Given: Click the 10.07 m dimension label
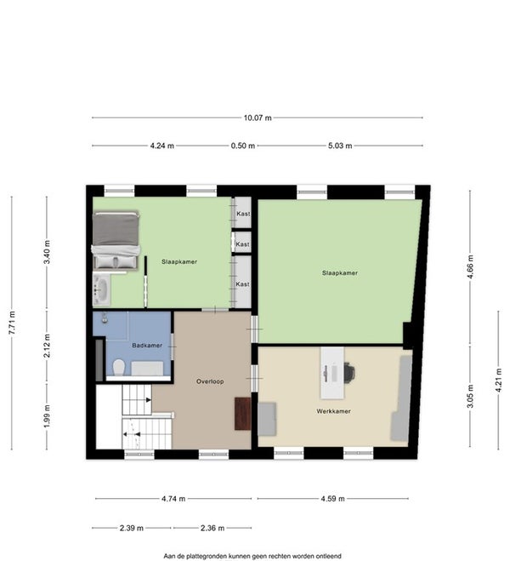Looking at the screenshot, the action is [x=258, y=117].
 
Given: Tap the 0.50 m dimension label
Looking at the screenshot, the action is [x=243, y=146].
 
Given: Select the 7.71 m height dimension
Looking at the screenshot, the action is [x=12, y=323].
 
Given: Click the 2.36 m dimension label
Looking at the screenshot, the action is [x=212, y=528].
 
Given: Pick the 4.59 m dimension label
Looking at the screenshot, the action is [x=332, y=498].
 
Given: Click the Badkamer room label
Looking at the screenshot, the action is [x=147, y=346].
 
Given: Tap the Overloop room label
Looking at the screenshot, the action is [x=210, y=381].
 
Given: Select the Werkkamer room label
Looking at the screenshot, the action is [x=333, y=411].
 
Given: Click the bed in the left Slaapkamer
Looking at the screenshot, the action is [x=116, y=240].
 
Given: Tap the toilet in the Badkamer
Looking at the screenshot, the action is [x=119, y=368].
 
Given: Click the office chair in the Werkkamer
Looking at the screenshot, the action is [x=349, y=371].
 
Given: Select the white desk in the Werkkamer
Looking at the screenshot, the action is [x=332, y=373].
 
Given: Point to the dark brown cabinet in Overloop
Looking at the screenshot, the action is [x=243, y=413].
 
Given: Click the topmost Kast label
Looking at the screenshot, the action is [x=243, y=214].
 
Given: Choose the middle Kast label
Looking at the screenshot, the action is [x=242, y=244].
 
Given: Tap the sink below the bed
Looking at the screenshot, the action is [x=102, y=289].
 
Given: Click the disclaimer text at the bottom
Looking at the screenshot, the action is [x=252, y=556].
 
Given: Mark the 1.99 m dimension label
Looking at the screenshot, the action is [x=47, y=415].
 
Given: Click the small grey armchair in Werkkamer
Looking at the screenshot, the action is [x=267, y=419].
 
